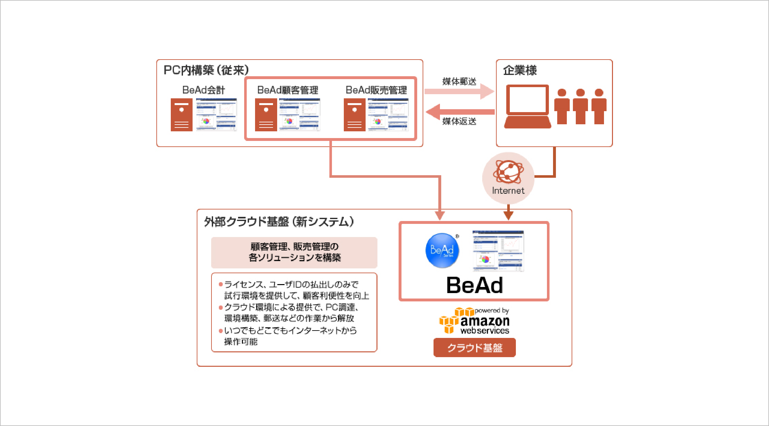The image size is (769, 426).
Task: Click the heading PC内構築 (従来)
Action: [x=206, y=70]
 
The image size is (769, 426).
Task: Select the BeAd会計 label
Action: [x=203, y=90]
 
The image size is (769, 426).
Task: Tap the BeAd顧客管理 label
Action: [x=287, y=90]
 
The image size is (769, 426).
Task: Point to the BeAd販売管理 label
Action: [x=376, y=90]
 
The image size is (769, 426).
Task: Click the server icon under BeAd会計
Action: [x=181, y=115]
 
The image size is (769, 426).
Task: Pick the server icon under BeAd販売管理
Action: [x=354, y=115]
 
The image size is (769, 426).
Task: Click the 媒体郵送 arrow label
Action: [x=459, y=82]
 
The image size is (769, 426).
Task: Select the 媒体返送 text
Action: [x=459, y=121]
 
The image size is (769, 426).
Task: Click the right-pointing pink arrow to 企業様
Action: [x=459, y=92]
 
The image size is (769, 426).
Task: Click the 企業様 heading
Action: [x=520, y=70]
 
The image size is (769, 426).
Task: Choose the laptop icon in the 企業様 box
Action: [x=527, y=106]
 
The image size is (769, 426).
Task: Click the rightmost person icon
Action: [x=599, y=106]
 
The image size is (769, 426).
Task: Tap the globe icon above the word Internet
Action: [x=508, y=172]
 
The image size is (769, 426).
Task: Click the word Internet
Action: [x=508, y=191]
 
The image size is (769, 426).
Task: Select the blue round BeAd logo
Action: [x=442, y=250]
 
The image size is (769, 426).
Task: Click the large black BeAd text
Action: [x=475, y=285]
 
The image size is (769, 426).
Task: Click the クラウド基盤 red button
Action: [x=475, y=348]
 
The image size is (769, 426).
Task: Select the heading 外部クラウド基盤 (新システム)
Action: [x=279, y=222]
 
